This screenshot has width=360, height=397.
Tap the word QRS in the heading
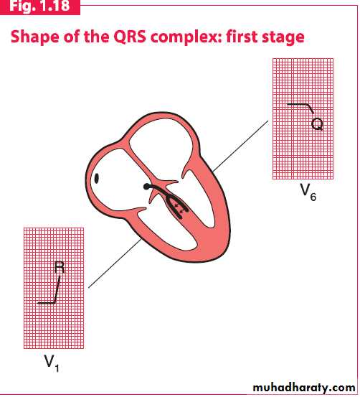coord(130,37)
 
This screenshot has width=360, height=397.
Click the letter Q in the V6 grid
coord(317,124)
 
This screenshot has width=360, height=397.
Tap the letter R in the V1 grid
coord(60,268)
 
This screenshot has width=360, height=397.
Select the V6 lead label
coord(308,192)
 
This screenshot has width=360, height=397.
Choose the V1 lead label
coord(52,363)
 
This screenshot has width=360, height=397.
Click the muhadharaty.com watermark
coord(304,388)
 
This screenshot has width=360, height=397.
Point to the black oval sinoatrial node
coord(96,178)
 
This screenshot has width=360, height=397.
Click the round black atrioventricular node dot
coord(146,187)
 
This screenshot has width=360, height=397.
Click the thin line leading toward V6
coord(240,146)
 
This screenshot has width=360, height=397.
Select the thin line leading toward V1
coord(115,263)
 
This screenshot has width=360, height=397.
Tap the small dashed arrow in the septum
coord(179,210)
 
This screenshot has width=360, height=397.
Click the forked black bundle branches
coord(172,201)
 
